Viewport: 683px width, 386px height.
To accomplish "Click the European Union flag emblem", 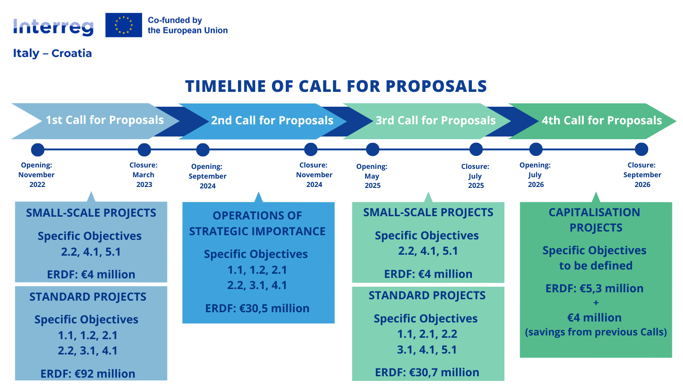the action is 123,25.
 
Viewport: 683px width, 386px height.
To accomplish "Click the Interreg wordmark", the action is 53,27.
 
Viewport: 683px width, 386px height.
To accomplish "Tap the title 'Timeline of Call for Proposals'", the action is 336,86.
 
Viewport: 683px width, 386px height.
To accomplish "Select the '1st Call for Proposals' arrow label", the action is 105,120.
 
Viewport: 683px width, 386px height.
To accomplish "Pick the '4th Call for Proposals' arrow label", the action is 602,120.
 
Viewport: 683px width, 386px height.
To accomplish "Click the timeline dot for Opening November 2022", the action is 38,150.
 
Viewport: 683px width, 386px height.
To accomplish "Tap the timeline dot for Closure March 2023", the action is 144,150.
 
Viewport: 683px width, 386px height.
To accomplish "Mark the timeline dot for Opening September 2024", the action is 203,150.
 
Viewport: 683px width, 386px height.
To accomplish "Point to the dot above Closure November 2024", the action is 311,149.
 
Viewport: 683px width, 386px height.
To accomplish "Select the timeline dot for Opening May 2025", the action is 373,149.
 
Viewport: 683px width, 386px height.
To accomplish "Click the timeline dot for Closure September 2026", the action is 642,149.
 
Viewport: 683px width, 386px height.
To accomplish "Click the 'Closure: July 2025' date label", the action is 475,176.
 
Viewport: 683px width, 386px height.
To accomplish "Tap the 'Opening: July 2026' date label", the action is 535,175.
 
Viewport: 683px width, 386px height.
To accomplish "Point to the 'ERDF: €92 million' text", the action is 88,373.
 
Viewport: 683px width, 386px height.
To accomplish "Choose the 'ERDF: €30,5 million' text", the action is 258,308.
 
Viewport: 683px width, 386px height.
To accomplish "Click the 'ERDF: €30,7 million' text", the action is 427,372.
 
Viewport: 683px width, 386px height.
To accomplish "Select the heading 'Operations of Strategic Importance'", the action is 258,224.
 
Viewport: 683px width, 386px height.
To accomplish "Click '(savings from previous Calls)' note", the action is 596,332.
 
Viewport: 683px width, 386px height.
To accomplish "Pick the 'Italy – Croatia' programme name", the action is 52,53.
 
